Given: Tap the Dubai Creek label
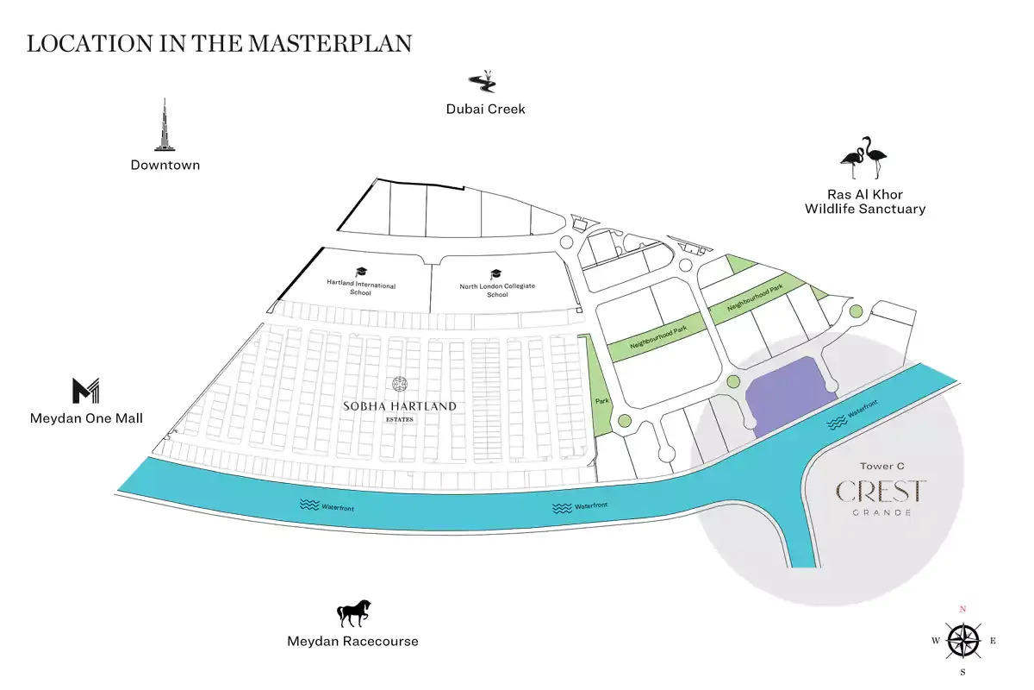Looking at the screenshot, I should click(x=485, y=109).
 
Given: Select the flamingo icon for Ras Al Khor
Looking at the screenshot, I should click(x=864, y=158).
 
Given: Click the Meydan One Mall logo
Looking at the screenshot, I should click(x=86, y=391).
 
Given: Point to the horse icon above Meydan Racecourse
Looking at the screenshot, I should click(x=353, y=614).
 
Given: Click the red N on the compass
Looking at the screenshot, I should click(x=963, y=609).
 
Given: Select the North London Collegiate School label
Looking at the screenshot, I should click(x=497, y=290).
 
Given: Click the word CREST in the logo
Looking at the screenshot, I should click(x=881, y=492).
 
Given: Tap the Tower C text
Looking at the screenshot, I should click(x=881, y=467).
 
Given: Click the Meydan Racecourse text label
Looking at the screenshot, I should click(x=352, y=641).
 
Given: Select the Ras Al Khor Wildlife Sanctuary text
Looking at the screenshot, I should click(x=865, y=202).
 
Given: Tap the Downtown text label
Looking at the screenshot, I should click(x=165, y=165).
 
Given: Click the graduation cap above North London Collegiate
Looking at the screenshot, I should click(x=495, y=273).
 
